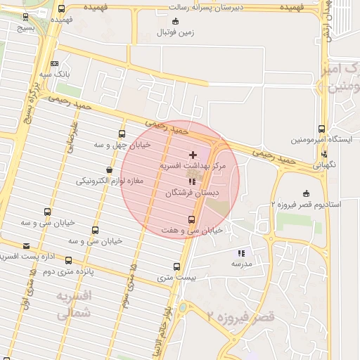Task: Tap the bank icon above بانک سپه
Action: point(55,63)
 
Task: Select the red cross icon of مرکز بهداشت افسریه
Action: point(193,154)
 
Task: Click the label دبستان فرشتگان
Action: point(192,192)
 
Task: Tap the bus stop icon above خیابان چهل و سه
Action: point(122,134)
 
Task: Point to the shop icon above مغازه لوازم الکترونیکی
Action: point(108,169)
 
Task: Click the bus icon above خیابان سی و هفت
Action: point(191,219)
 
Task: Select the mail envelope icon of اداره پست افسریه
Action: point(27,245)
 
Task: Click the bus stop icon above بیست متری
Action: point(176,266)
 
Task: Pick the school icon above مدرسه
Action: point(241,252)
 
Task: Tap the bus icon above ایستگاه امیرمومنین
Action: point(321,129)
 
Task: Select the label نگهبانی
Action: point(324,165)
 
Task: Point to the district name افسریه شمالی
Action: point(73,306)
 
